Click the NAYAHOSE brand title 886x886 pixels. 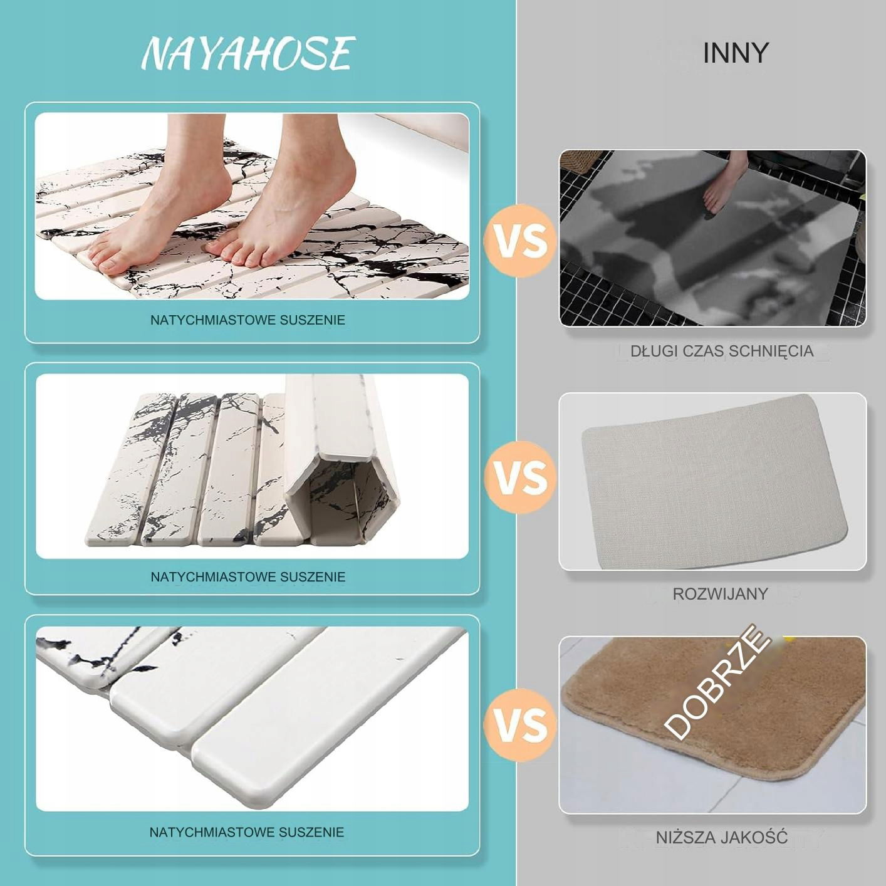tap(248, 54)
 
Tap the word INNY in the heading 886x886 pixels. tap(735, 53)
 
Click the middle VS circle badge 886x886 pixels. tap(521, 476)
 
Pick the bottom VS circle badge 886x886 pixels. tap(521, 724)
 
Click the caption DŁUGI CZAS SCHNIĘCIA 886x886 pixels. tap(722, 352)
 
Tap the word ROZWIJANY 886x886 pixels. tap(720, 594)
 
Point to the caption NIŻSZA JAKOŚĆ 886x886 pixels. tap(722, 837)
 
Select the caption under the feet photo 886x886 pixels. tap(248, 320)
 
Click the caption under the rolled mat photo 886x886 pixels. tap(248, 576)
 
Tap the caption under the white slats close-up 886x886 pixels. tap(247, 831)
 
